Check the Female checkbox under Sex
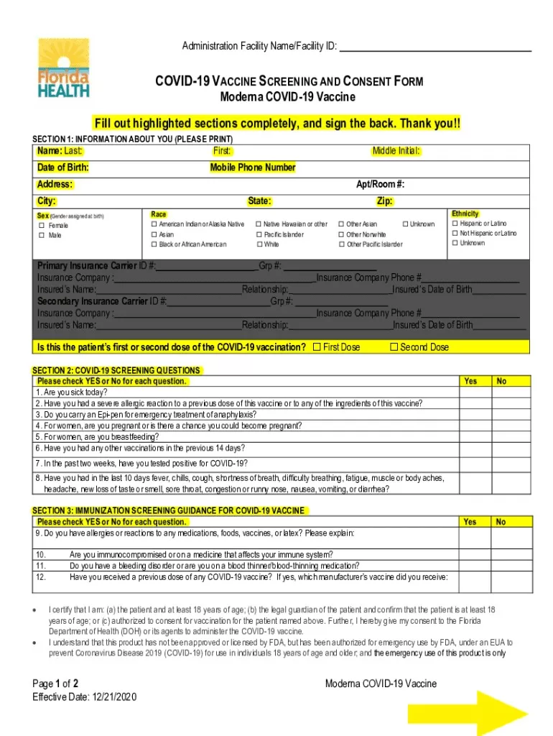42,226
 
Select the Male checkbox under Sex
42,235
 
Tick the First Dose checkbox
317,347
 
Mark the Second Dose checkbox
394,347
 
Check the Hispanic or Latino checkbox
454,224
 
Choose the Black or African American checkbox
154,244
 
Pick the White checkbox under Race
259,244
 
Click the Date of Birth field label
63,167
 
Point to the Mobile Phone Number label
253,167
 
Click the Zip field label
384,201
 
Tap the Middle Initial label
396,151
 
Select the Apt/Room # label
385,185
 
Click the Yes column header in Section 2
470,381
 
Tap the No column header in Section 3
501,522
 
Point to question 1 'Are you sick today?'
72,392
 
